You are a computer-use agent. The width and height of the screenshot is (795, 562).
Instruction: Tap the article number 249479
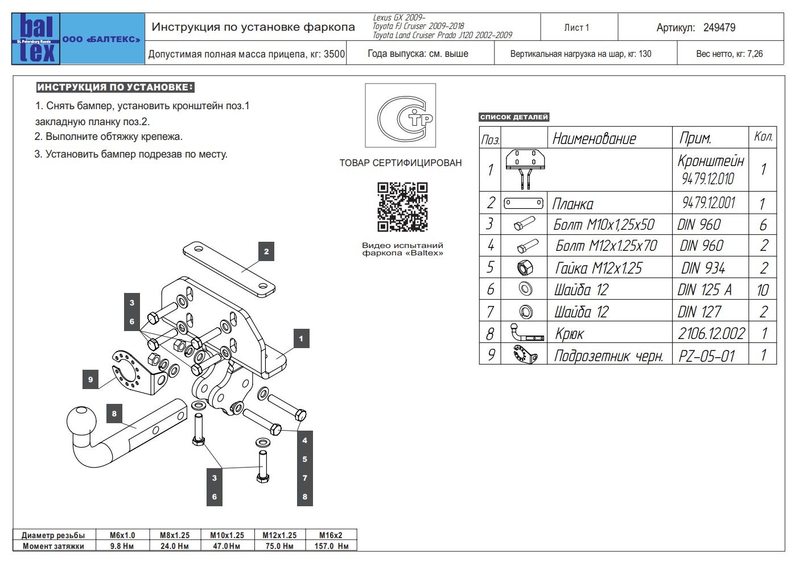coord(719,27)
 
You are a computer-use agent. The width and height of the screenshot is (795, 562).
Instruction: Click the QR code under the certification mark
coord(402,207)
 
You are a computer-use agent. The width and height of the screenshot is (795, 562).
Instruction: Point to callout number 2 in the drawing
coord(266,251)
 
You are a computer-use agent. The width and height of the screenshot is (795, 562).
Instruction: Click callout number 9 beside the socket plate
coord(90,379)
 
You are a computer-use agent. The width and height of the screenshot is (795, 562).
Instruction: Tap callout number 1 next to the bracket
coord(301,338)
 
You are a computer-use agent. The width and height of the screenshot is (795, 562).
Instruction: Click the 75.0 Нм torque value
coord(279,546)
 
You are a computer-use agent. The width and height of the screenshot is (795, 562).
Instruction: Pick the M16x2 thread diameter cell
coord(331,535)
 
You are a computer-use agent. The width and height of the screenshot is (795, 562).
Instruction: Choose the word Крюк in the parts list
coord(569,334)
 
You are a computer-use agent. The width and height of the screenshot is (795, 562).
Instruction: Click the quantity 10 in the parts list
coord(763,290)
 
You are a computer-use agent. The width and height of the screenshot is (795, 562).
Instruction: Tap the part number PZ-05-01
coord(707,356)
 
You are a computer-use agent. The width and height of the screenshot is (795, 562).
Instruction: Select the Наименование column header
coord(594,138)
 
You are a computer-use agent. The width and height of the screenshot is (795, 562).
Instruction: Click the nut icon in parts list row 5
coord(524,268)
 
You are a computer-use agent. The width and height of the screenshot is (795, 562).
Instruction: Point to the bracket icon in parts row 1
coord(525,169)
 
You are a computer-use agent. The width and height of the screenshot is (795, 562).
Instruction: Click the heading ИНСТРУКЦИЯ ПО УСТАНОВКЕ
coord(115,87)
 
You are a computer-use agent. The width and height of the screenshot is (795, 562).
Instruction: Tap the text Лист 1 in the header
coord(576,27)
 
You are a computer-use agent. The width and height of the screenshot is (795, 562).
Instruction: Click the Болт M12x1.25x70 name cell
coord(606,246)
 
